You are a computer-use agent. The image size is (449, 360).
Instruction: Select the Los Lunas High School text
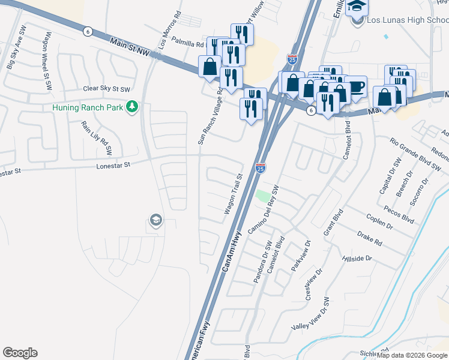tap(407, 20)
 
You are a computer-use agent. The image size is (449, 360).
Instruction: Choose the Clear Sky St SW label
tap(107, 89)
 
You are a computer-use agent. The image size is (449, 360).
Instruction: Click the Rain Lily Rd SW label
tap(98, 137)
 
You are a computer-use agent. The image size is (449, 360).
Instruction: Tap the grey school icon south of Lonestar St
tap(155, 221)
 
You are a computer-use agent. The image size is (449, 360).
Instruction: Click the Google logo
tap(20, 353)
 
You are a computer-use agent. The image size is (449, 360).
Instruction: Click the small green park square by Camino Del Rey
tap(262, 196)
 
